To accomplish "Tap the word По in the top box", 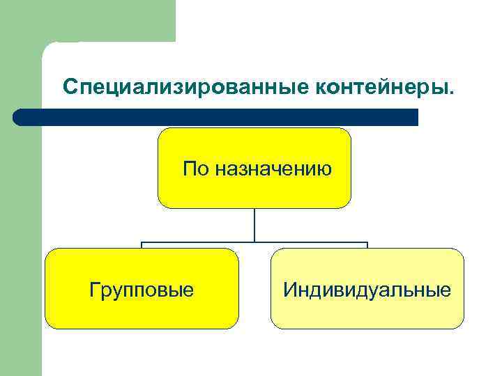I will (195, 169).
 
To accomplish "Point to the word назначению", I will (273, 169).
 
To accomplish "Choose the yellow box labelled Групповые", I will (142, 288).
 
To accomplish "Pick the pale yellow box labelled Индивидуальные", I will (367, 288).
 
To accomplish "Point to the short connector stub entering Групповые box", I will (142, 245).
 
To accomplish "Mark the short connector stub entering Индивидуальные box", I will (367, 245).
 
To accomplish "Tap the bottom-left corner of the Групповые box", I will (48, 325).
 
